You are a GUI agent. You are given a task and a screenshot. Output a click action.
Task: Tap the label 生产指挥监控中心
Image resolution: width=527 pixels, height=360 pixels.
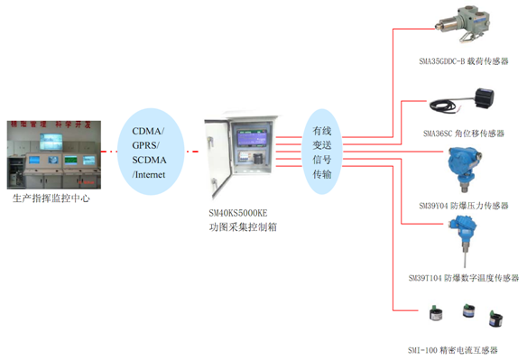(x=51, y=198)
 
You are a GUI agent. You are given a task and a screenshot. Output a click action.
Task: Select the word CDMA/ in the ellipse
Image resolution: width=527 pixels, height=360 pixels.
(x=148, y=132)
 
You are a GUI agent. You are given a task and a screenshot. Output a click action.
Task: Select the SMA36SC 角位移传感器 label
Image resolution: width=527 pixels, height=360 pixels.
(x=463, y=134)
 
